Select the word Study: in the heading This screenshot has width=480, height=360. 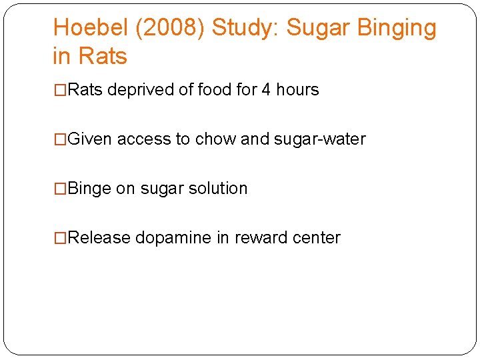[251, 28]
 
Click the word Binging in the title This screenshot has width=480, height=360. [397, 28]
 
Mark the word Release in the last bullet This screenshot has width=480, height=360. [99, 238]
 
